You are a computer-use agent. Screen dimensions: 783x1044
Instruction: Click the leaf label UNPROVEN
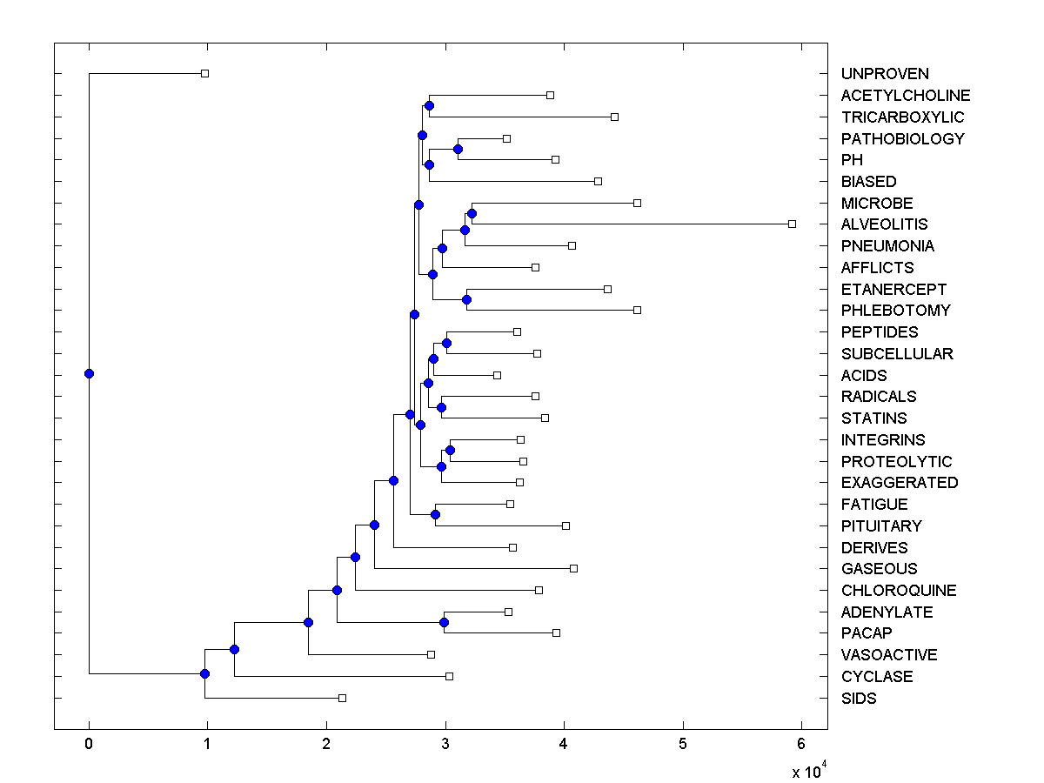click(x=885, y=74)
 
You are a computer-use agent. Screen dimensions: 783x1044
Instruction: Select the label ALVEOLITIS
click(x=884, y=224)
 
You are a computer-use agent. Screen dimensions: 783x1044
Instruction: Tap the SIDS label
click(x=859, y=699)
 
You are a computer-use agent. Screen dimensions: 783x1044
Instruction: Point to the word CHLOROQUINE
click(x=899, y=591)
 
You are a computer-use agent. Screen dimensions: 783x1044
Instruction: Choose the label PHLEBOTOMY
click(x=895, y=311)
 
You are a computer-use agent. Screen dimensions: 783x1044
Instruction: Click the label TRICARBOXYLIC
click(x=902, y=117)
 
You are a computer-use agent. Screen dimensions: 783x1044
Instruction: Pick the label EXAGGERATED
click(x=900, y=483)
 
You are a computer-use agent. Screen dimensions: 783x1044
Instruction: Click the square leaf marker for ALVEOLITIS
click(x=792, y=224)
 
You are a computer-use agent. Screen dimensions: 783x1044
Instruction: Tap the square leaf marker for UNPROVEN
click(x=204, y=73)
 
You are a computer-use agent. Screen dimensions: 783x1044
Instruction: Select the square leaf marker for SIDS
click(x=342, y=698)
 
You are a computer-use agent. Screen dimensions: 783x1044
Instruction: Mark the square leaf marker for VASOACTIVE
click(x=431, y=654)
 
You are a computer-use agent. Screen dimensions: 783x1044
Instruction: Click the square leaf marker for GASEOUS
click(x=573, y=568)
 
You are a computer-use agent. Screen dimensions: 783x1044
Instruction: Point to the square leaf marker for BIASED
click(x=598, y=181)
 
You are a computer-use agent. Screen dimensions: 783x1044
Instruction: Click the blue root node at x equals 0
click(x=89, y=373)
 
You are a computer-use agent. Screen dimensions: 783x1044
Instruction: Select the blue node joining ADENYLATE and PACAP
click(x=444, y=622)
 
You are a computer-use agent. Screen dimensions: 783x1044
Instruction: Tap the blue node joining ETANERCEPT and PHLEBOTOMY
click(x=466, y=299)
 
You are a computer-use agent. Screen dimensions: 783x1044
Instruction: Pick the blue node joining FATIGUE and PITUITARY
click(x=435, y=514)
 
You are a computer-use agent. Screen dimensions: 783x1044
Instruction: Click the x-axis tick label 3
click(x=445, y=744)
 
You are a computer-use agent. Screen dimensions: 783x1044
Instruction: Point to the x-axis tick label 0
click(x=89, y=744)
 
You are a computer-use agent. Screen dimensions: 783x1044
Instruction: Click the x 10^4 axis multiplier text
click(x=806, y=770)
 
